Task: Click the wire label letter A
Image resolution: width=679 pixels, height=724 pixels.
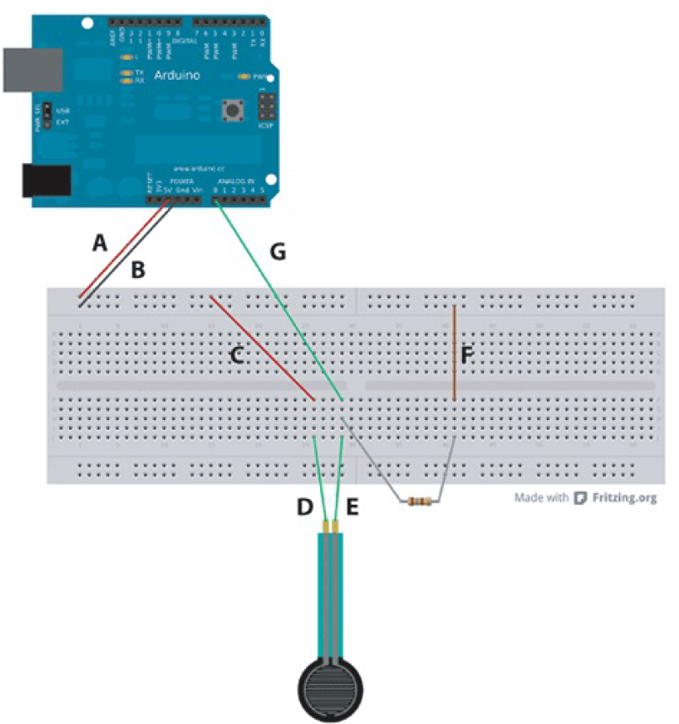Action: coord(100,244)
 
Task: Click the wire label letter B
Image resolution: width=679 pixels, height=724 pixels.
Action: coord(139,270)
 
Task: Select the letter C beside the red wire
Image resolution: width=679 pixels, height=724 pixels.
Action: coord(237,355)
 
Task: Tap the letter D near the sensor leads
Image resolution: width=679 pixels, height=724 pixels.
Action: coord(305,507)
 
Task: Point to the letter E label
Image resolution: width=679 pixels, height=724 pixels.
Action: coord(353,507)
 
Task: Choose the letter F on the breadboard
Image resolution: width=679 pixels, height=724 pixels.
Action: coord(468,355)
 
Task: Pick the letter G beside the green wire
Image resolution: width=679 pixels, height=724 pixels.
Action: coord(277,250)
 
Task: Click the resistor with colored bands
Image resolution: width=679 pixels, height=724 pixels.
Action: coord(419,502)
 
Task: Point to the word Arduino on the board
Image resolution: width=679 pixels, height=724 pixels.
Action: coord(178,76)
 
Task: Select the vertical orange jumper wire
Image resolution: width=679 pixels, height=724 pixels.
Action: coord(454,353)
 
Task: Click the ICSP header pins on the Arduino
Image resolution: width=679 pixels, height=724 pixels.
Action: coord(267,108)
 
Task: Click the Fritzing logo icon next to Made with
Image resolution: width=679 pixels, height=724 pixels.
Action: coord(581,498)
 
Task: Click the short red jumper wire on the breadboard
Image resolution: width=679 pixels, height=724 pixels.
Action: coord(262,347)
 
